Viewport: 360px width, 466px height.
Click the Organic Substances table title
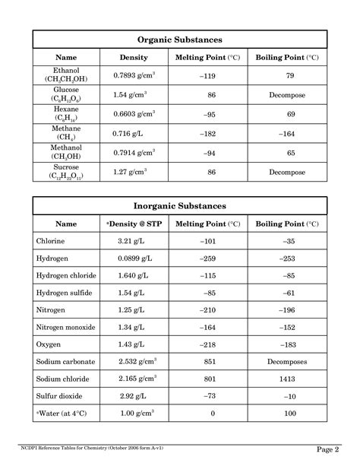pyautogui.click(x=179, y=40)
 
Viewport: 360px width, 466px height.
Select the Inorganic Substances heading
pyautogui.click(x=179, y=205)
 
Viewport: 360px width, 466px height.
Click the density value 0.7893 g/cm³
pyautogui.click(x=134, y=75)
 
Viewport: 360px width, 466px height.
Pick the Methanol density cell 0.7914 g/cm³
pyautogui.click(x=134, y=153)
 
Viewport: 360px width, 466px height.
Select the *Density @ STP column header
pyautogui.click(x=134, y=224)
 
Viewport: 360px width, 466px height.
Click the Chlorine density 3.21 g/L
pyautogui.click(x=131, y=242)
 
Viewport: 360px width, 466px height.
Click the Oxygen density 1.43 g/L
pyautogui.click(x=131, y=344)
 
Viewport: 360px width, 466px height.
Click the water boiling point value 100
pyautogui.click(x=289, y=414)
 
